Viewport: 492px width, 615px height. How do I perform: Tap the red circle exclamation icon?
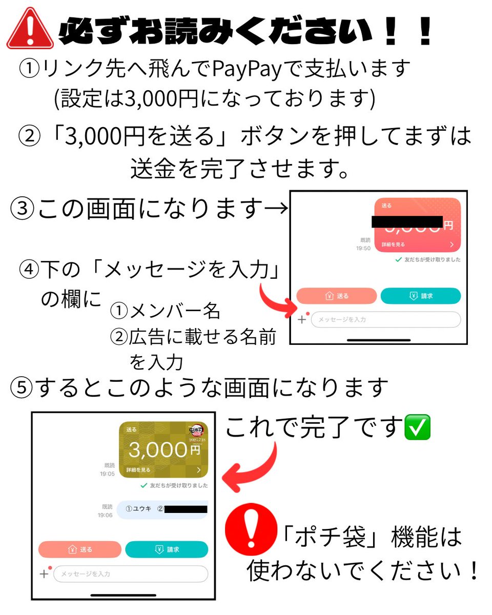tap(251, 529)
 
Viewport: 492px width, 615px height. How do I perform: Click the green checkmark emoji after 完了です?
tap(417, 426)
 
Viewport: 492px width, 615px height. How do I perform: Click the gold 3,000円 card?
tap(163, 449)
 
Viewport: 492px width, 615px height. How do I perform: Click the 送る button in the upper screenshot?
tap(337, 296)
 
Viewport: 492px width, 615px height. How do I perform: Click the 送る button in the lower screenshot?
tap(80, 549)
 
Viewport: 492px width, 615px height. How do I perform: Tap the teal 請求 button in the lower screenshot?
tap(167, 549)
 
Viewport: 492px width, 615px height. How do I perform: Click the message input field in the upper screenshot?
tap(386, 319)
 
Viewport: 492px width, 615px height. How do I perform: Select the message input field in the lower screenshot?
tap(131, 573)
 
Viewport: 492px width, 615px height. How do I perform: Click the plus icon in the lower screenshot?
tap(44, 573)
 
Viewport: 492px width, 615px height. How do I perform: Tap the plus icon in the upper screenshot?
tap(302, 319)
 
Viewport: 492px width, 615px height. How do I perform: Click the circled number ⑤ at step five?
tap(22, 388)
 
